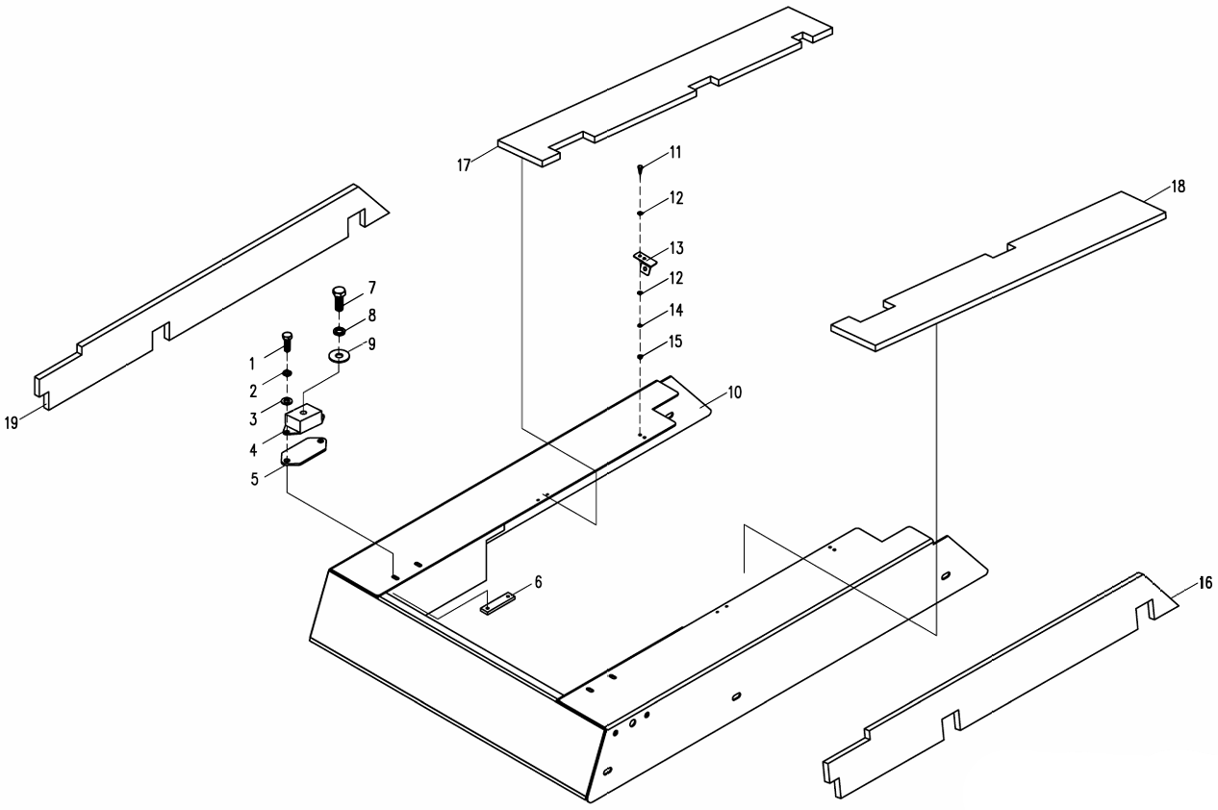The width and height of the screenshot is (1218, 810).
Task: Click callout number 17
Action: click(464, 165)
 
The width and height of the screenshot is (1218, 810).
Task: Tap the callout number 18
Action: click(1179, 187)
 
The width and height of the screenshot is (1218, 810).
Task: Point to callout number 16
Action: click(1205, 583)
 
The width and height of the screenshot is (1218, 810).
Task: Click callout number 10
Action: click(735, 392)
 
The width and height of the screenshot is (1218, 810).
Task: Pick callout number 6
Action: click(539, 582)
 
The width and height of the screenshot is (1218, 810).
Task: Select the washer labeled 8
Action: click(339, 332)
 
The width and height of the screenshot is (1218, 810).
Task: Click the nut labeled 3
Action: click(286, 400)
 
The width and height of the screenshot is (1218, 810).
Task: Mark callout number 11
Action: click(675, 152)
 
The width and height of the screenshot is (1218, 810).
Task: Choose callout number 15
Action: click(675, 343)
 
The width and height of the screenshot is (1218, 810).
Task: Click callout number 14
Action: click(675, 312)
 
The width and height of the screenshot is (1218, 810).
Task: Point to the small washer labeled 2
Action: click(287, 372)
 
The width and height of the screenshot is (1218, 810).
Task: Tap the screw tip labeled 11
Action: click(640, 169)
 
